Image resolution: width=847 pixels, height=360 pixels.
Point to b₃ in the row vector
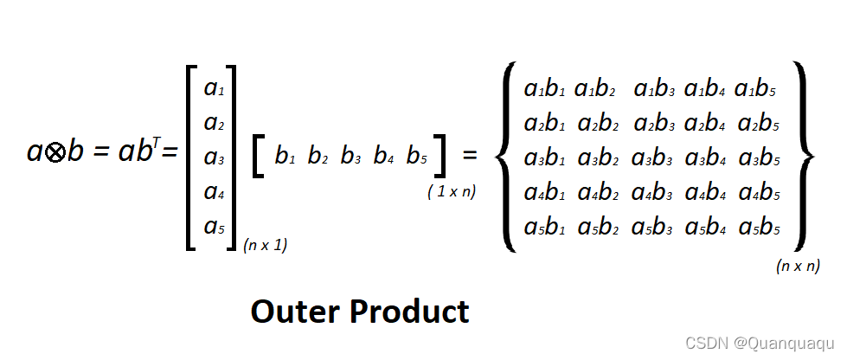click(x=351, y=157)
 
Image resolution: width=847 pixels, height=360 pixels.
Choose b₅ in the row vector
click(x=417, y=157)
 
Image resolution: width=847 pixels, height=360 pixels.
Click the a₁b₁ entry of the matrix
click(x=544, y=88)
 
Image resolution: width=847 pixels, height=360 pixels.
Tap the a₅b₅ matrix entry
click(x=759, y=228)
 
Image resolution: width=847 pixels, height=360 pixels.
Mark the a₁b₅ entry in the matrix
click(x=755, y=88)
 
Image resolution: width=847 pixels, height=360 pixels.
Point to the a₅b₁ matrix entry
click(x=544, y=228)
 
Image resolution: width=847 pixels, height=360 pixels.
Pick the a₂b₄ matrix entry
click(x=706, y=124)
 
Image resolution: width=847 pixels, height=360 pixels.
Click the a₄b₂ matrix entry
click(x=598, y=194)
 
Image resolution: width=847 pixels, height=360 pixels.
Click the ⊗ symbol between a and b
click(x=55, y=153)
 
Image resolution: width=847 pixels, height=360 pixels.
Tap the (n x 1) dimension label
click(x=265, y=245)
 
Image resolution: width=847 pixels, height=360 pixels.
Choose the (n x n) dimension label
click(x=798, y=266)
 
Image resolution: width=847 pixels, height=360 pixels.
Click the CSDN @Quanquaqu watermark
click(x=760, y=342)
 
